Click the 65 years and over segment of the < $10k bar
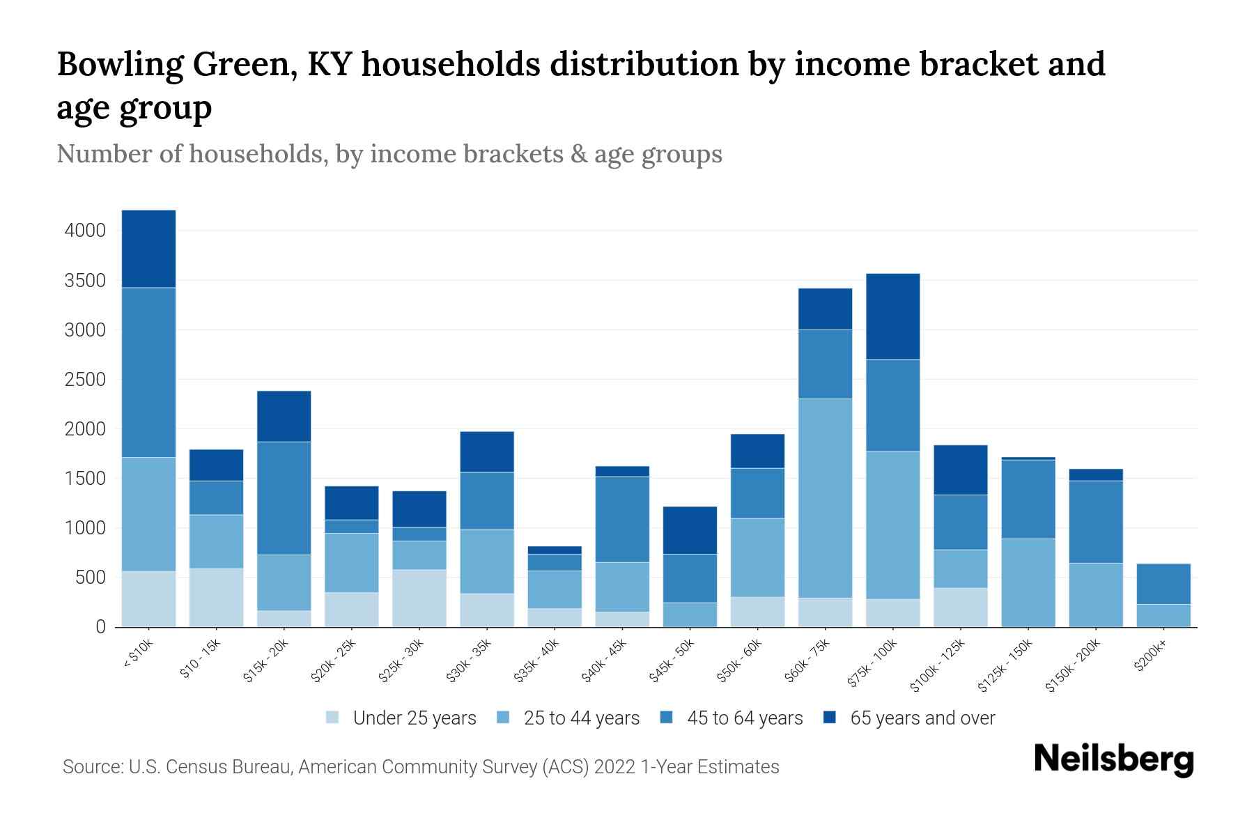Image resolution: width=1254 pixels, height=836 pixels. pos(148,249)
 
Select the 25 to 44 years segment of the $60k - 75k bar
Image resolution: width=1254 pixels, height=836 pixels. pos(825,498)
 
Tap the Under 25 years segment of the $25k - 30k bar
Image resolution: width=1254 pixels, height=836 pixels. pos(419,598)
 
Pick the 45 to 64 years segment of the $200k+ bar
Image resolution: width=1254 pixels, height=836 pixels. pos(1163,584)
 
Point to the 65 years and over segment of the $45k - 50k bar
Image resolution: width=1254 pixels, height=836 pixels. pos(690,530)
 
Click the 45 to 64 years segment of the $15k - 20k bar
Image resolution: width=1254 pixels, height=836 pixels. pos(284,498)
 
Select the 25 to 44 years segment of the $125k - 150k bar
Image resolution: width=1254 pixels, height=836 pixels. pos(1028,582)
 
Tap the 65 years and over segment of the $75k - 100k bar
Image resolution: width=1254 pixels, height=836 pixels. pos(892,316)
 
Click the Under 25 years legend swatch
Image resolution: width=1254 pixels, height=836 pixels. pos(333,718)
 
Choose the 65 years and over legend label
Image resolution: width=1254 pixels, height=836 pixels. pos(922,718)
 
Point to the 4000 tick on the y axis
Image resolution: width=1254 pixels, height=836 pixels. pos(85,231)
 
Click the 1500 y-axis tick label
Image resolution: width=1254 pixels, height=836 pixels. pos(85,479)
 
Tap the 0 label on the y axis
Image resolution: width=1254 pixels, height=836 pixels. pos(100,627)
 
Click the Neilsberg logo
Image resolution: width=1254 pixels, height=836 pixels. pos(1113,759)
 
